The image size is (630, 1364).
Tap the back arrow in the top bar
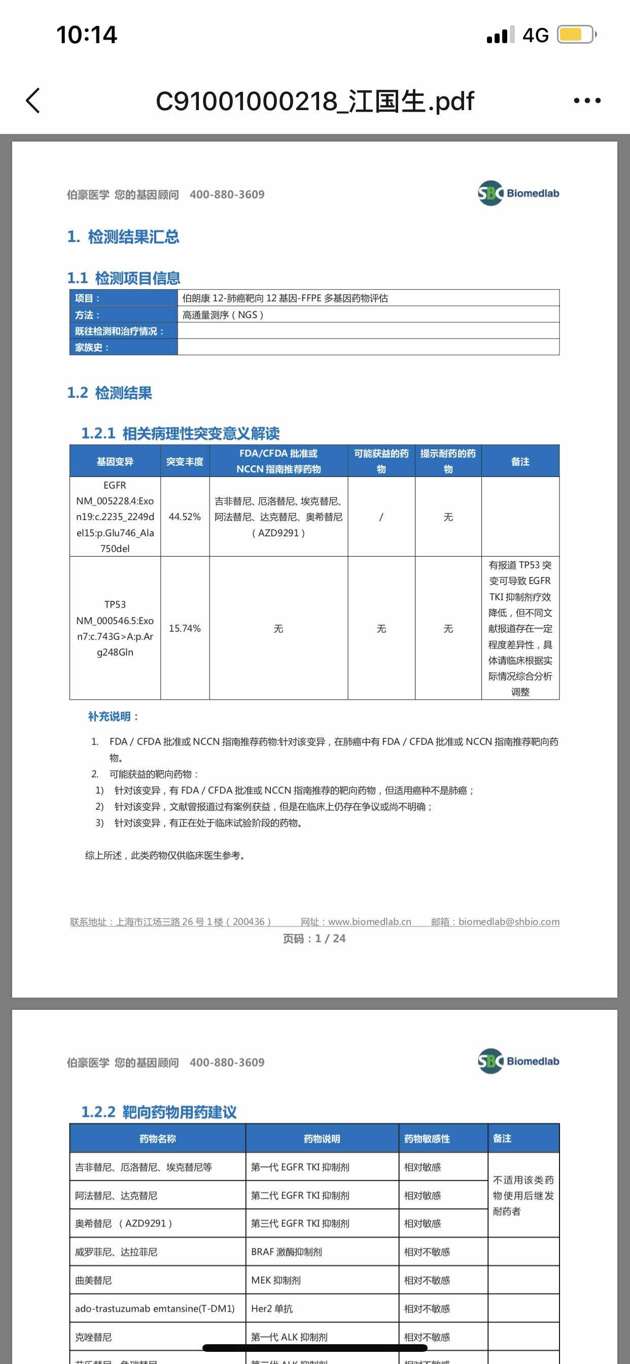(x=33, y=100)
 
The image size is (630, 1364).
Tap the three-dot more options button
(x=587, y=100)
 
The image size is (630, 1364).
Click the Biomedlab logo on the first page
(x=518, y=193)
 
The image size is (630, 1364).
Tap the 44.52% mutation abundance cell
(x=185, y=517)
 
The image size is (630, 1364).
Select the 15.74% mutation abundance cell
(x=185, y=629)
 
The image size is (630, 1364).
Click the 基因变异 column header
(x=115, y=462)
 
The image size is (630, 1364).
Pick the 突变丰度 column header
(x=185, y=462)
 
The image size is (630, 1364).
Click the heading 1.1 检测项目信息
(x=124, y=278)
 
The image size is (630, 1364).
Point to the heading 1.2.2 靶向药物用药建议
(x=159, y=1112)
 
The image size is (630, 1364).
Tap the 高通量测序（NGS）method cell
(x=223, y=315)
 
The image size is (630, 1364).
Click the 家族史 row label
(x=92, y=348)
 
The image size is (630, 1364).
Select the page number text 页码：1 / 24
(x=314, y=938)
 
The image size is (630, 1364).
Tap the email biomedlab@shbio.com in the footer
(x=509, y=922)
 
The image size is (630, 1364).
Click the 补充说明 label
(x=113, y=717)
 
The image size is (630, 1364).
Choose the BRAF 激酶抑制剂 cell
(x=287, y=1252)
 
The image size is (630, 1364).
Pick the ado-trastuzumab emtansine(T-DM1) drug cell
(x=155, y=1308)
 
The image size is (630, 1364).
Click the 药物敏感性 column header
(x=427, y=1138)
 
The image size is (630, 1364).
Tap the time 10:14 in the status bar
(x=87, y=35)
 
